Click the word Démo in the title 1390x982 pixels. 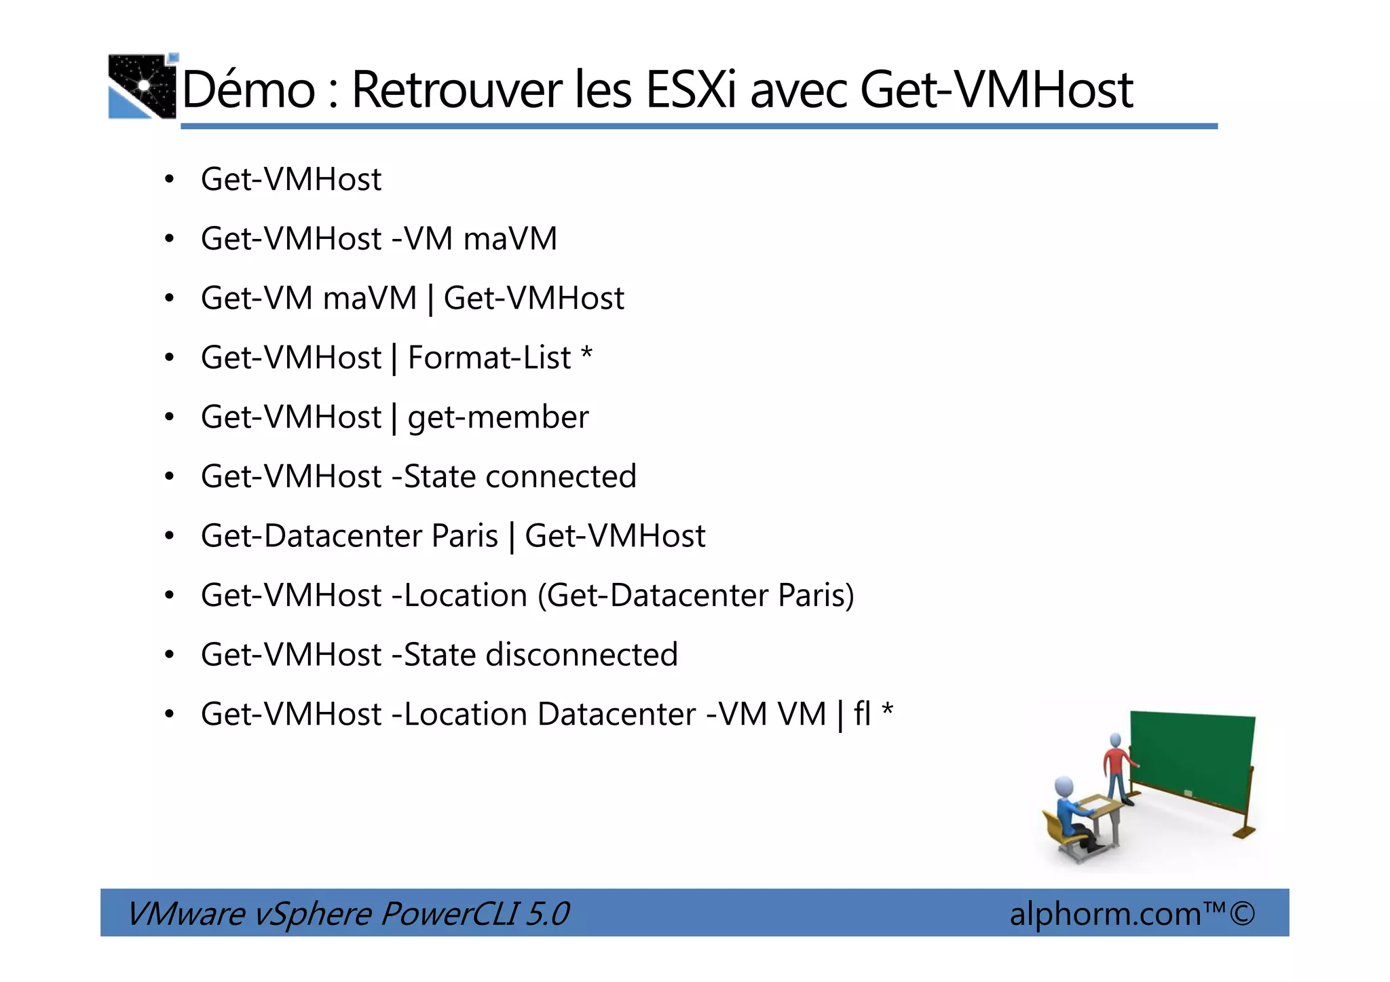pos(248,90)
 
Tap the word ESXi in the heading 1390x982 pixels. pos(690,90)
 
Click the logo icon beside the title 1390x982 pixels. pos(143,86)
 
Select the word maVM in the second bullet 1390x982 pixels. pos(510,239)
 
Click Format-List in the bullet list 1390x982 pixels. pos(489,358)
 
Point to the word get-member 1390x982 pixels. pos(497,417)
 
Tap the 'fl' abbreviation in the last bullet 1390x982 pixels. pos(862,714)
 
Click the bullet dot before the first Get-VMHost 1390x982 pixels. pos(170,180)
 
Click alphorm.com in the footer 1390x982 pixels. pos(1105,913)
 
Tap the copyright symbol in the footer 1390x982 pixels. pos(1242,913)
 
